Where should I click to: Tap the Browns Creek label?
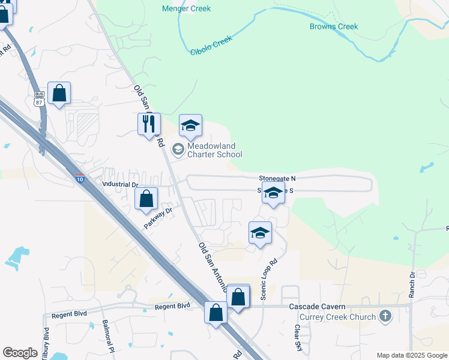334,26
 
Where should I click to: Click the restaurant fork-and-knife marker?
149,124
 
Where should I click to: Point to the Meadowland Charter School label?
211,150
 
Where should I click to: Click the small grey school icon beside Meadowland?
178,149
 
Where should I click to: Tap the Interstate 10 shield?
80,179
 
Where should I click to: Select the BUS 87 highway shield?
40,98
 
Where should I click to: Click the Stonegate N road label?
277,179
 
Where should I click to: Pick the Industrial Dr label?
120,185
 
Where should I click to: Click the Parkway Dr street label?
158,218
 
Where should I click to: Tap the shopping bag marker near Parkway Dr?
146,199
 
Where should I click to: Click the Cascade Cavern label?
316,307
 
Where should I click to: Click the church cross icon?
385,316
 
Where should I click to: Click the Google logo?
20,353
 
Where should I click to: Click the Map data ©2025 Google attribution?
412,355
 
